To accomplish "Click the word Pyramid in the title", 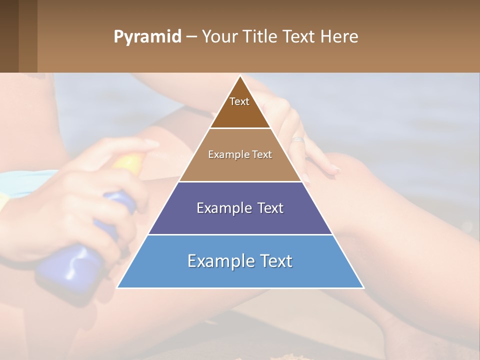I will [147, 37].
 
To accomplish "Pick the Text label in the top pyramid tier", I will [239, 101].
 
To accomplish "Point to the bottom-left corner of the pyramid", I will [117, 287].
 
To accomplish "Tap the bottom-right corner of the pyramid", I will [363, 287].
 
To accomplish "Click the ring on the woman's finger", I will [298, 139].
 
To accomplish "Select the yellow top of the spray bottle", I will [129, 163].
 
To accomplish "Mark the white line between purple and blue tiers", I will [240, 234].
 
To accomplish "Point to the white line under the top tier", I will [240, 128].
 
